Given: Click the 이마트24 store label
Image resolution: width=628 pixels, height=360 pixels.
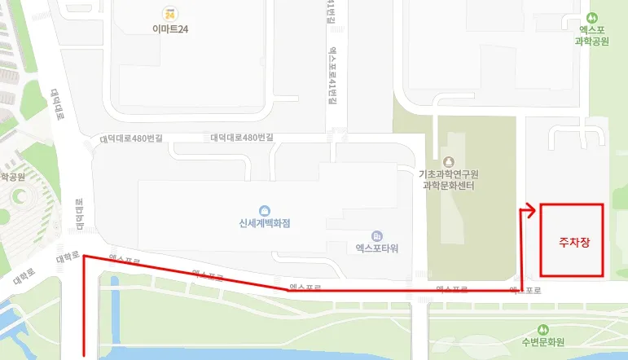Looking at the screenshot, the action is click(170, 29).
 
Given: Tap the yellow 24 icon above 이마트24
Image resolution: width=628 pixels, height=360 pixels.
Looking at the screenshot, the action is click(169, 14).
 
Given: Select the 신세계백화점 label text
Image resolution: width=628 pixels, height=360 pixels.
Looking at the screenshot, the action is click(265, 224).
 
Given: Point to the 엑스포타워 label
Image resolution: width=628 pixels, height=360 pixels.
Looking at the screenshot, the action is click(377, 248).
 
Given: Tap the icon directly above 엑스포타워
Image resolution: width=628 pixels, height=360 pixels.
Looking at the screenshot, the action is click(376, 235).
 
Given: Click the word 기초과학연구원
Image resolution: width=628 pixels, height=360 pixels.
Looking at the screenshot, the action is click(449, 174).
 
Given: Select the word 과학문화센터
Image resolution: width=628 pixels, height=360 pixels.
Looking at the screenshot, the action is click(449, 186).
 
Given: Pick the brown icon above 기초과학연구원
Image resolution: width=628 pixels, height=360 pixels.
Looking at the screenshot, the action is click(449, 160).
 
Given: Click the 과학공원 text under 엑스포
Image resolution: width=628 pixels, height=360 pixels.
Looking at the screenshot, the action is click(592, 41).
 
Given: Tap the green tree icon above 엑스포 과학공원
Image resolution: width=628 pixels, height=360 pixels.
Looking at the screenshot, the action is click(592, 17).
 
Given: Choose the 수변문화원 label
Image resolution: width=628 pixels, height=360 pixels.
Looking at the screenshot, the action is click(543, 341).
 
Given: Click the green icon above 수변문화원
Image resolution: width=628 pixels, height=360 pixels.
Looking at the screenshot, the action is click(543, 327).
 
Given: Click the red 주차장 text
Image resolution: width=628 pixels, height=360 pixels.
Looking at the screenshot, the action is click(569, 242).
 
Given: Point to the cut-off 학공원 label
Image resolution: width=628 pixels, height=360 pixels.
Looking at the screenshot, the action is click(13, 176).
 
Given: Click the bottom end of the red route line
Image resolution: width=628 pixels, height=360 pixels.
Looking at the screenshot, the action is click(84, 355).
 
